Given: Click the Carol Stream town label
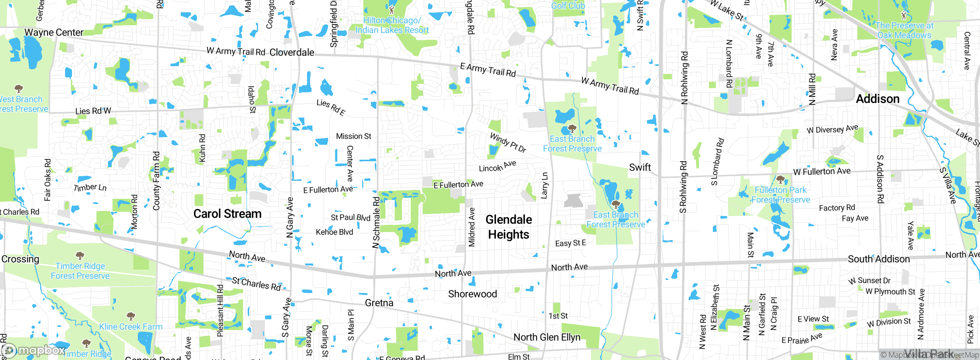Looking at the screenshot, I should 227,214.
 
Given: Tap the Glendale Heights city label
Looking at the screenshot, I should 509,227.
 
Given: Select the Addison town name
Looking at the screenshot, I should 877,99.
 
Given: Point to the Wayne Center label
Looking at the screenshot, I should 54,32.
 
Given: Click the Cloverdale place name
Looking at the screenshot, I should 292,52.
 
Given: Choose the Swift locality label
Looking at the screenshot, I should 640,167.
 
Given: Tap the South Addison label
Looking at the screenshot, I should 879,259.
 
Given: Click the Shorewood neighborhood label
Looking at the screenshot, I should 472,294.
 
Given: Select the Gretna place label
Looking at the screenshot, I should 379,303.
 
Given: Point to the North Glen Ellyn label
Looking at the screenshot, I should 547,337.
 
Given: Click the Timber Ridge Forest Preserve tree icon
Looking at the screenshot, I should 80,255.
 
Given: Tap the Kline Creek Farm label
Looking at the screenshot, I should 131,327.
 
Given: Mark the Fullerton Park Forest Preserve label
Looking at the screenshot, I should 781,195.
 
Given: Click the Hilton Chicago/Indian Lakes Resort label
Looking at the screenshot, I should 392,25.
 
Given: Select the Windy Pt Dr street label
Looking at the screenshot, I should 508,143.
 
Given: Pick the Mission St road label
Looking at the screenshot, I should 353,136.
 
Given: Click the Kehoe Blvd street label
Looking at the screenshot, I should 334,232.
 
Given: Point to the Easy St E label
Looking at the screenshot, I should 570,243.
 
